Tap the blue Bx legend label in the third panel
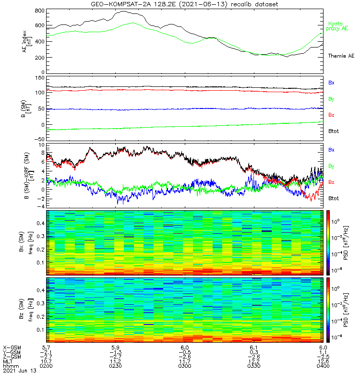[331, 150]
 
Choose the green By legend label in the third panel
[331, 166]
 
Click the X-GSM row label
[12, 347]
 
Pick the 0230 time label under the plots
[115, 366]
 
